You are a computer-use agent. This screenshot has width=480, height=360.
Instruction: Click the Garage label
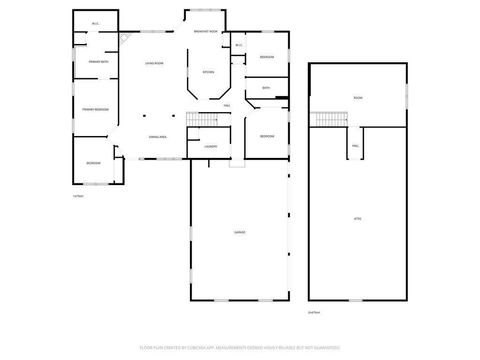[x=240, y=233]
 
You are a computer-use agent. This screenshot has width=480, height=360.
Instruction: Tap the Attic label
[x=357, y=218]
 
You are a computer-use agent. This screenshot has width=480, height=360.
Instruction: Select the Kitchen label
[x=208, y=72]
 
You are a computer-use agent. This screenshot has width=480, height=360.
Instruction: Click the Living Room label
[x=152, y=63]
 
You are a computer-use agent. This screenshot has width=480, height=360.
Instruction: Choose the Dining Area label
[x=157, y=136]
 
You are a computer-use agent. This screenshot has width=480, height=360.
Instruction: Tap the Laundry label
[x=210, y=148]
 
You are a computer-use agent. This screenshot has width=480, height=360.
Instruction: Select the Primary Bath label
[x=97, y=63]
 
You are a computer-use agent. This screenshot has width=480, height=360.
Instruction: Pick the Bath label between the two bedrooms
[x=266, y=89]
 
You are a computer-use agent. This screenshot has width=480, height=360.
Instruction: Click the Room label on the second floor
[x=357, y=97]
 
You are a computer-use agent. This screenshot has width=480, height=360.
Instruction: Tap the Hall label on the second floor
[x=355, y=146]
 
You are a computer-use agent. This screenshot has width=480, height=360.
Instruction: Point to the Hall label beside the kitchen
[x=228, y=106]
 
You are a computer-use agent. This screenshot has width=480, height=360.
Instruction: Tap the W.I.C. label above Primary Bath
[x=95, y=23]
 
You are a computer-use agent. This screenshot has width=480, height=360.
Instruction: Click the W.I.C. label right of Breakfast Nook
[x=238, y=45]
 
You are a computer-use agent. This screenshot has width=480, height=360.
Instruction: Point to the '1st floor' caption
[x=77, y=196]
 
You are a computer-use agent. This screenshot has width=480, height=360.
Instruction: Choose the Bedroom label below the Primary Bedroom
[x=92, y=162]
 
